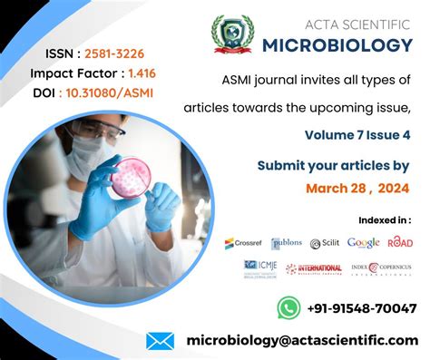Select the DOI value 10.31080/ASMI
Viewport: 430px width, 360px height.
(x=116, y=92)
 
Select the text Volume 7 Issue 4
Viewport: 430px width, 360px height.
(x=357, y=135)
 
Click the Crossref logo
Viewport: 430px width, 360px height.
(x=242, y=243)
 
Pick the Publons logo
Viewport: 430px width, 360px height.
(x=287, y=243)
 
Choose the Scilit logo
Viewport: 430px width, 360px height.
(x=324, y=243)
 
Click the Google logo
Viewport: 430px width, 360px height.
(x=363, y=242)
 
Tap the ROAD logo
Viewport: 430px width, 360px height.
(x=400, y=242)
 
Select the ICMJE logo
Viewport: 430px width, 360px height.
(x=262, y=268)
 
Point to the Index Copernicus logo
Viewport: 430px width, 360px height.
(x=382, y=268)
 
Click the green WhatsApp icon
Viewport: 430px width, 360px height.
(x=288, y=307)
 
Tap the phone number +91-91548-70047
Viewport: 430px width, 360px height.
(x=362, y=308)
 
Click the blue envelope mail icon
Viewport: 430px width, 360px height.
(x=161, y=341)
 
